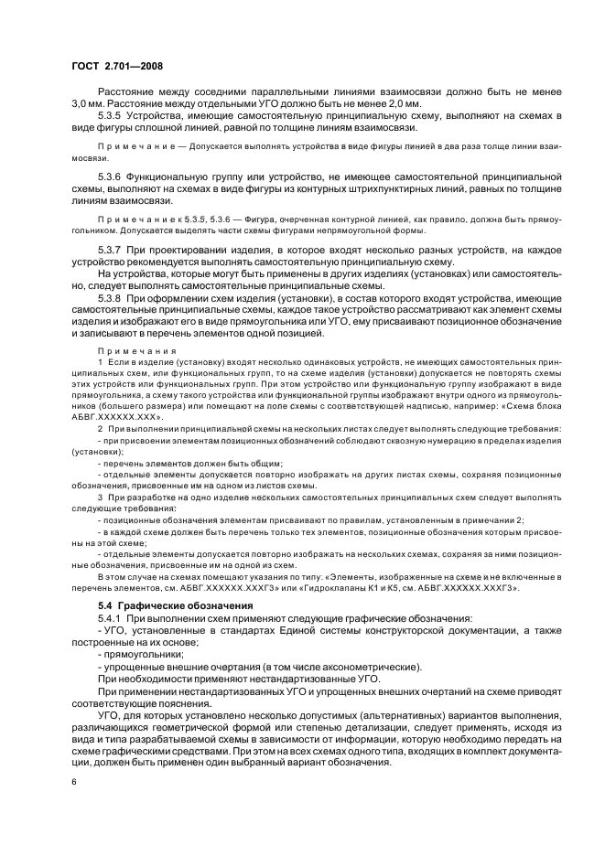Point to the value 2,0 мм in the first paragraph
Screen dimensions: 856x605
pyautogui.click(x=398, y=105)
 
